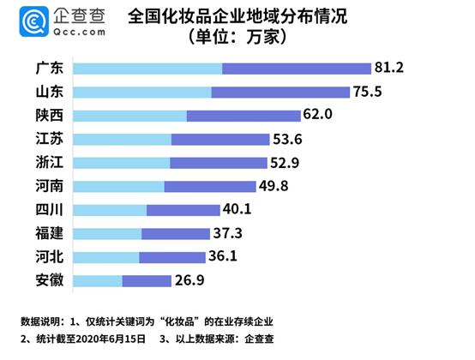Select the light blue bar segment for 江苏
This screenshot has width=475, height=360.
coord(123,139)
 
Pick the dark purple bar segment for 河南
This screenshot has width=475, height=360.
coord(210,185)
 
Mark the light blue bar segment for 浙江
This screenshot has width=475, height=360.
coord(123,162)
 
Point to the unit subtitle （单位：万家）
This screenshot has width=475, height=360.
coord(237,38)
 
